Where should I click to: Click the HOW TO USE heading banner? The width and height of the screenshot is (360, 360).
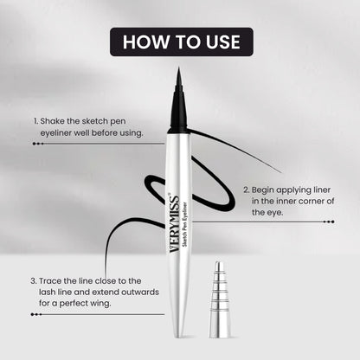180,41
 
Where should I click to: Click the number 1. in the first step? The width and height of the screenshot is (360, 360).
35,121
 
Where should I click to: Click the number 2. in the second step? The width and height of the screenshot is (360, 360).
246,188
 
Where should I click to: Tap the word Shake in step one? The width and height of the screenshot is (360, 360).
52,121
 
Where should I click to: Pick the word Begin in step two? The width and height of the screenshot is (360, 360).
266,188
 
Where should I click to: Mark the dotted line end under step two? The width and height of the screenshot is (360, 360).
330,222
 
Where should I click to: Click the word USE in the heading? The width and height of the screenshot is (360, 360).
216,41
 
